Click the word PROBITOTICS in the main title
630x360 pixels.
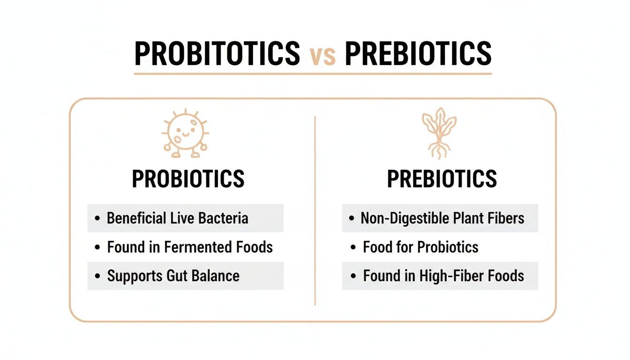click(x=217, y=53)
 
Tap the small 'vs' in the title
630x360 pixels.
click(x=323, y=55)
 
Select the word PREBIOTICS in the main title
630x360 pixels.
click(x=418, y=53)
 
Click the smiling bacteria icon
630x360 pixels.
click(x=186, y=133)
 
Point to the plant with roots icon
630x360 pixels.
click(x=439, y=133)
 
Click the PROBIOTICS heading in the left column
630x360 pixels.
click(x=188, y=179)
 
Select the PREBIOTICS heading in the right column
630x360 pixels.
click(x=442, y=179)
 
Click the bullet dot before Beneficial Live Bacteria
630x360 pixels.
click(x=97, y=218)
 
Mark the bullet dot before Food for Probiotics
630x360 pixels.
click(x=353, y=247)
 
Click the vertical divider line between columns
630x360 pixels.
click(x=315, y=211)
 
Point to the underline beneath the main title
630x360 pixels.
click(x=313, y=74)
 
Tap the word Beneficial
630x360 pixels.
click(x=136, y=218)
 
